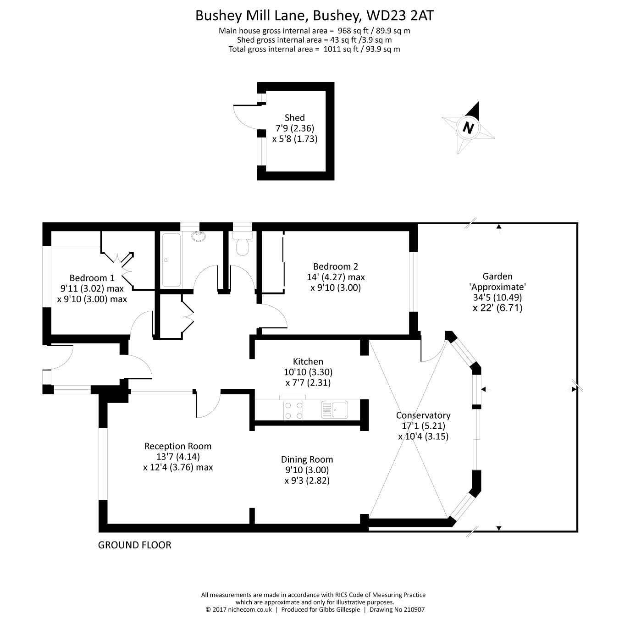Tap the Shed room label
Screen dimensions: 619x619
(x=294, y=118)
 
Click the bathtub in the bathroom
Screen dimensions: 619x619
(x=171, y=260)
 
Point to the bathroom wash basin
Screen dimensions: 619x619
(x=199, y=237)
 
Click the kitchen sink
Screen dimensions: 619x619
(x=334, y=409)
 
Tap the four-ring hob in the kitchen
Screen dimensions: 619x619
(x=293, y=410)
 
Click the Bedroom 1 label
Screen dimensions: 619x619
(x=92, y=278)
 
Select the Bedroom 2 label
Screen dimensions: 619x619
(x=336, y=266)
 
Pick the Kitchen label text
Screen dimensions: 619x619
(x=308, y=362)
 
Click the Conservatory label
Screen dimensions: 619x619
(x=423, y=415)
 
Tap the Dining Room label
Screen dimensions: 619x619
(x=307, y=459)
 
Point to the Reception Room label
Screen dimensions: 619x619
(x=178, y=446)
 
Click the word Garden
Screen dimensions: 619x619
(x=497, y=276)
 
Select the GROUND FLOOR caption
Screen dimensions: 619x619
(x=135, y=545)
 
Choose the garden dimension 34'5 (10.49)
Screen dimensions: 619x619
(x=497, y=297)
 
